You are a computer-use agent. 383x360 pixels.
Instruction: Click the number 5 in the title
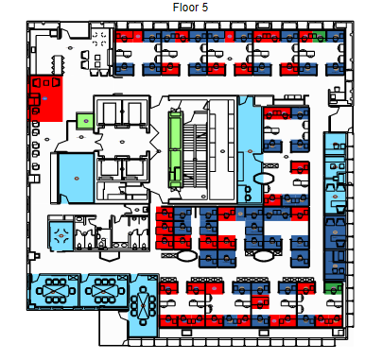click(x=204, y=8)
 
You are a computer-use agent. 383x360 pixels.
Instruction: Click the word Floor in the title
click(x=185, y=8)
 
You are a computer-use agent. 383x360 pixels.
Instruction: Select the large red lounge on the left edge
click(x=46, y=98)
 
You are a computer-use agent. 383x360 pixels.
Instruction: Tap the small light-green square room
click(x=85, y=121)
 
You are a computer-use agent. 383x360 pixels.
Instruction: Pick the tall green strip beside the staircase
click(x=176, y=149)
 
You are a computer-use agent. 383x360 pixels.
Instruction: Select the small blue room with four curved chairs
click(x=61, y=235)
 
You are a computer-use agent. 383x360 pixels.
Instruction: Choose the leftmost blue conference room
click(x=54, y=290)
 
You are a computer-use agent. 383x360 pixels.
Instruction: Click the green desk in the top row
click(x=320, y=37)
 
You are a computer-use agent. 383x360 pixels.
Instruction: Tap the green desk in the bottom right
click(x=334, y=288)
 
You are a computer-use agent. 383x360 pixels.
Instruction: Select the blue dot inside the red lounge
click(x=45, y=98)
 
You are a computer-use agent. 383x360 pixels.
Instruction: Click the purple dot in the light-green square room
click(x=85, y=121)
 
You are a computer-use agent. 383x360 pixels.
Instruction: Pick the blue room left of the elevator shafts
click(x=77, y=179)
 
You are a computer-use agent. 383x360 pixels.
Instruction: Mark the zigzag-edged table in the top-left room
click(x=58, y=65)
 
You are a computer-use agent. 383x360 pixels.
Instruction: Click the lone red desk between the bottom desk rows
click(x=260, y=302)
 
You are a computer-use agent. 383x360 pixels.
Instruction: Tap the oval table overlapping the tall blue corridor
click(x=263, y=179)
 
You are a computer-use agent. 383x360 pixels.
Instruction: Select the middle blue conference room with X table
click(x=104, y=290)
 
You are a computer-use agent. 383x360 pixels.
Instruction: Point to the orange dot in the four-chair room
click(x=61, y=235)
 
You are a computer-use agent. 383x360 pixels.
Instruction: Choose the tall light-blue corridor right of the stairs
click(x=250, y=150)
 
